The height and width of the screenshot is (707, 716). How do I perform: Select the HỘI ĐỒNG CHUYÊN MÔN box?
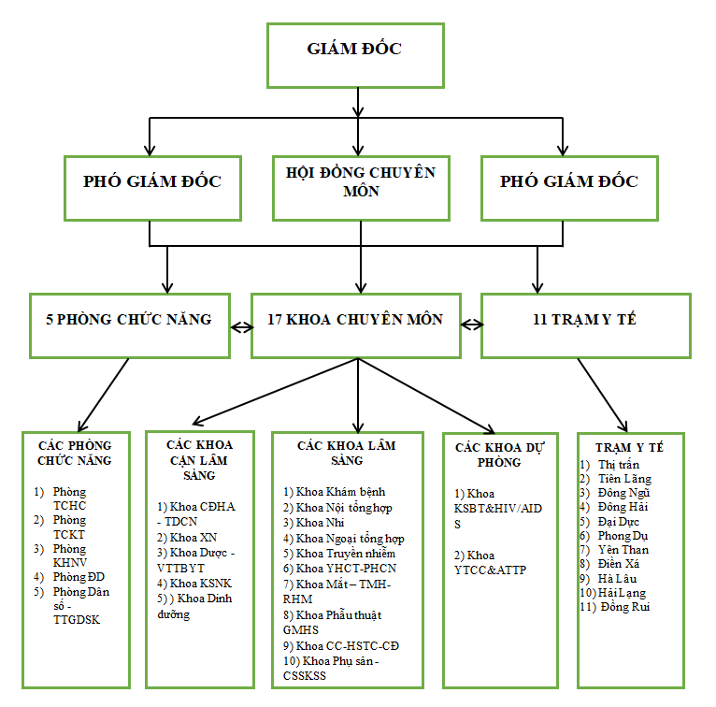click(360, 181)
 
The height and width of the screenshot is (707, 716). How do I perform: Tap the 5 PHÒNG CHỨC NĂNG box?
click(129, 320)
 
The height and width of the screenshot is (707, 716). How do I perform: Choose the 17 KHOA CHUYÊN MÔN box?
click(356, 320)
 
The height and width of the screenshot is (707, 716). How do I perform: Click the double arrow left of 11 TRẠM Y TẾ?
click(472, 325)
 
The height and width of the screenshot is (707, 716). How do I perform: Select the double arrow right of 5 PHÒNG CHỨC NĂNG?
click(241, 326)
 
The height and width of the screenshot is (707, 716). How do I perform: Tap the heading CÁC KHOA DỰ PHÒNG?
click(501, 454)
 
